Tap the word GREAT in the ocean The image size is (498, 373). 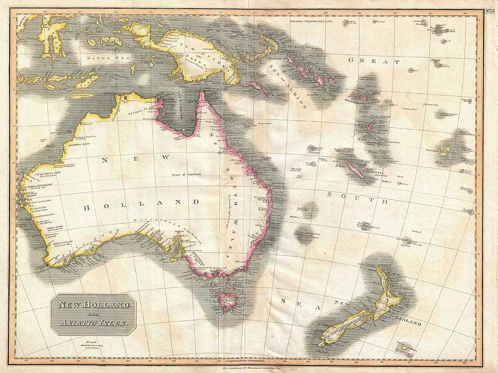click(x=374, y=61)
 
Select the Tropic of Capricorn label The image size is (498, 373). click(x=187, y=174)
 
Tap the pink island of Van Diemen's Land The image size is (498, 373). click(x=227, y=301)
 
